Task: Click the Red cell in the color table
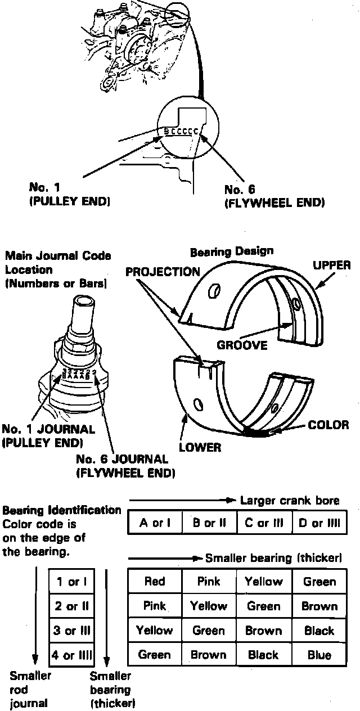pyautogui.click(x=155, y=582)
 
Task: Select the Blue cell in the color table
pyautogui.click(x=319, y=655)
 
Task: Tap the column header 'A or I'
pyautogui.click(x=155, y=523)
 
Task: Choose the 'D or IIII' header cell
pyautogui.click(x=319, y=523)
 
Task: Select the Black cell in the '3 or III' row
pyautogui.click(x=319, y=631)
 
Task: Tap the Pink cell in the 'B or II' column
pyautogui.click(x=209, y=582)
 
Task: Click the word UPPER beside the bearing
pyautogui.click(x=331, y=265)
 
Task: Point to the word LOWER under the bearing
pyautogui.click(x=200, y=448)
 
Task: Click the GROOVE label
pyautogui.click(x=242, y=345)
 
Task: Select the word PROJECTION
pyautogui.click(x=163, y=272)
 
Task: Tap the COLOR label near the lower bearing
pyautogui.click(x=328, y=425)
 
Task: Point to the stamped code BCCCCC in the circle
pyautogui.click(x=180, y=131)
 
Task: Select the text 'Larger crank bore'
pyautogui.click(x=289, y=501)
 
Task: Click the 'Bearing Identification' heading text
pyautogui.click(x=62, y=511)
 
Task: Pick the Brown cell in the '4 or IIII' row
pyautogui.click(x=209, y=655)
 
